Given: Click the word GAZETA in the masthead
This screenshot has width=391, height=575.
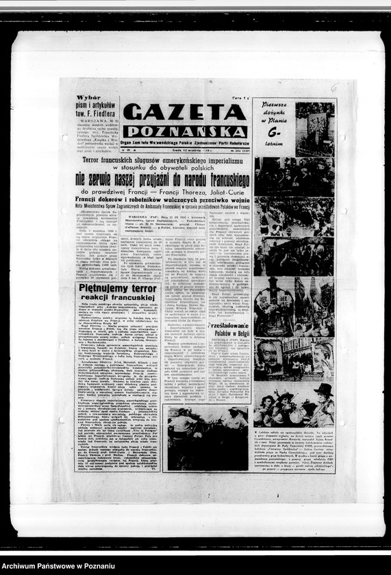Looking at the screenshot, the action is [x=184, y=112].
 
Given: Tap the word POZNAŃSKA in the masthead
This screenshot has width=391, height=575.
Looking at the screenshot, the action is [x=185, y=131].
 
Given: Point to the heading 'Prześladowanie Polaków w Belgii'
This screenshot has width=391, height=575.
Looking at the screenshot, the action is [x=229, y=331].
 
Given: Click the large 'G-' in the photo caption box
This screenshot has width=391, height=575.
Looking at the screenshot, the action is [x=275, y=132].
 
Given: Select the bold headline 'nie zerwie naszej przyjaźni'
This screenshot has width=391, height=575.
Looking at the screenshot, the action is [x=163, y=179].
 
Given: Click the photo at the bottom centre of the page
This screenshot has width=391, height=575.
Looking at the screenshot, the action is [x=206, y=438].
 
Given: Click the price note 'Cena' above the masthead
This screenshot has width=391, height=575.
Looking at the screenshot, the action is [x=236, y=98].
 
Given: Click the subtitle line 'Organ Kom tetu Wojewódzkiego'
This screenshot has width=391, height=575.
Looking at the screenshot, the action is [x=185, y=142].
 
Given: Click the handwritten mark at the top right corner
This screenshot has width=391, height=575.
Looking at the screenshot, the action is [x=334, y=88].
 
